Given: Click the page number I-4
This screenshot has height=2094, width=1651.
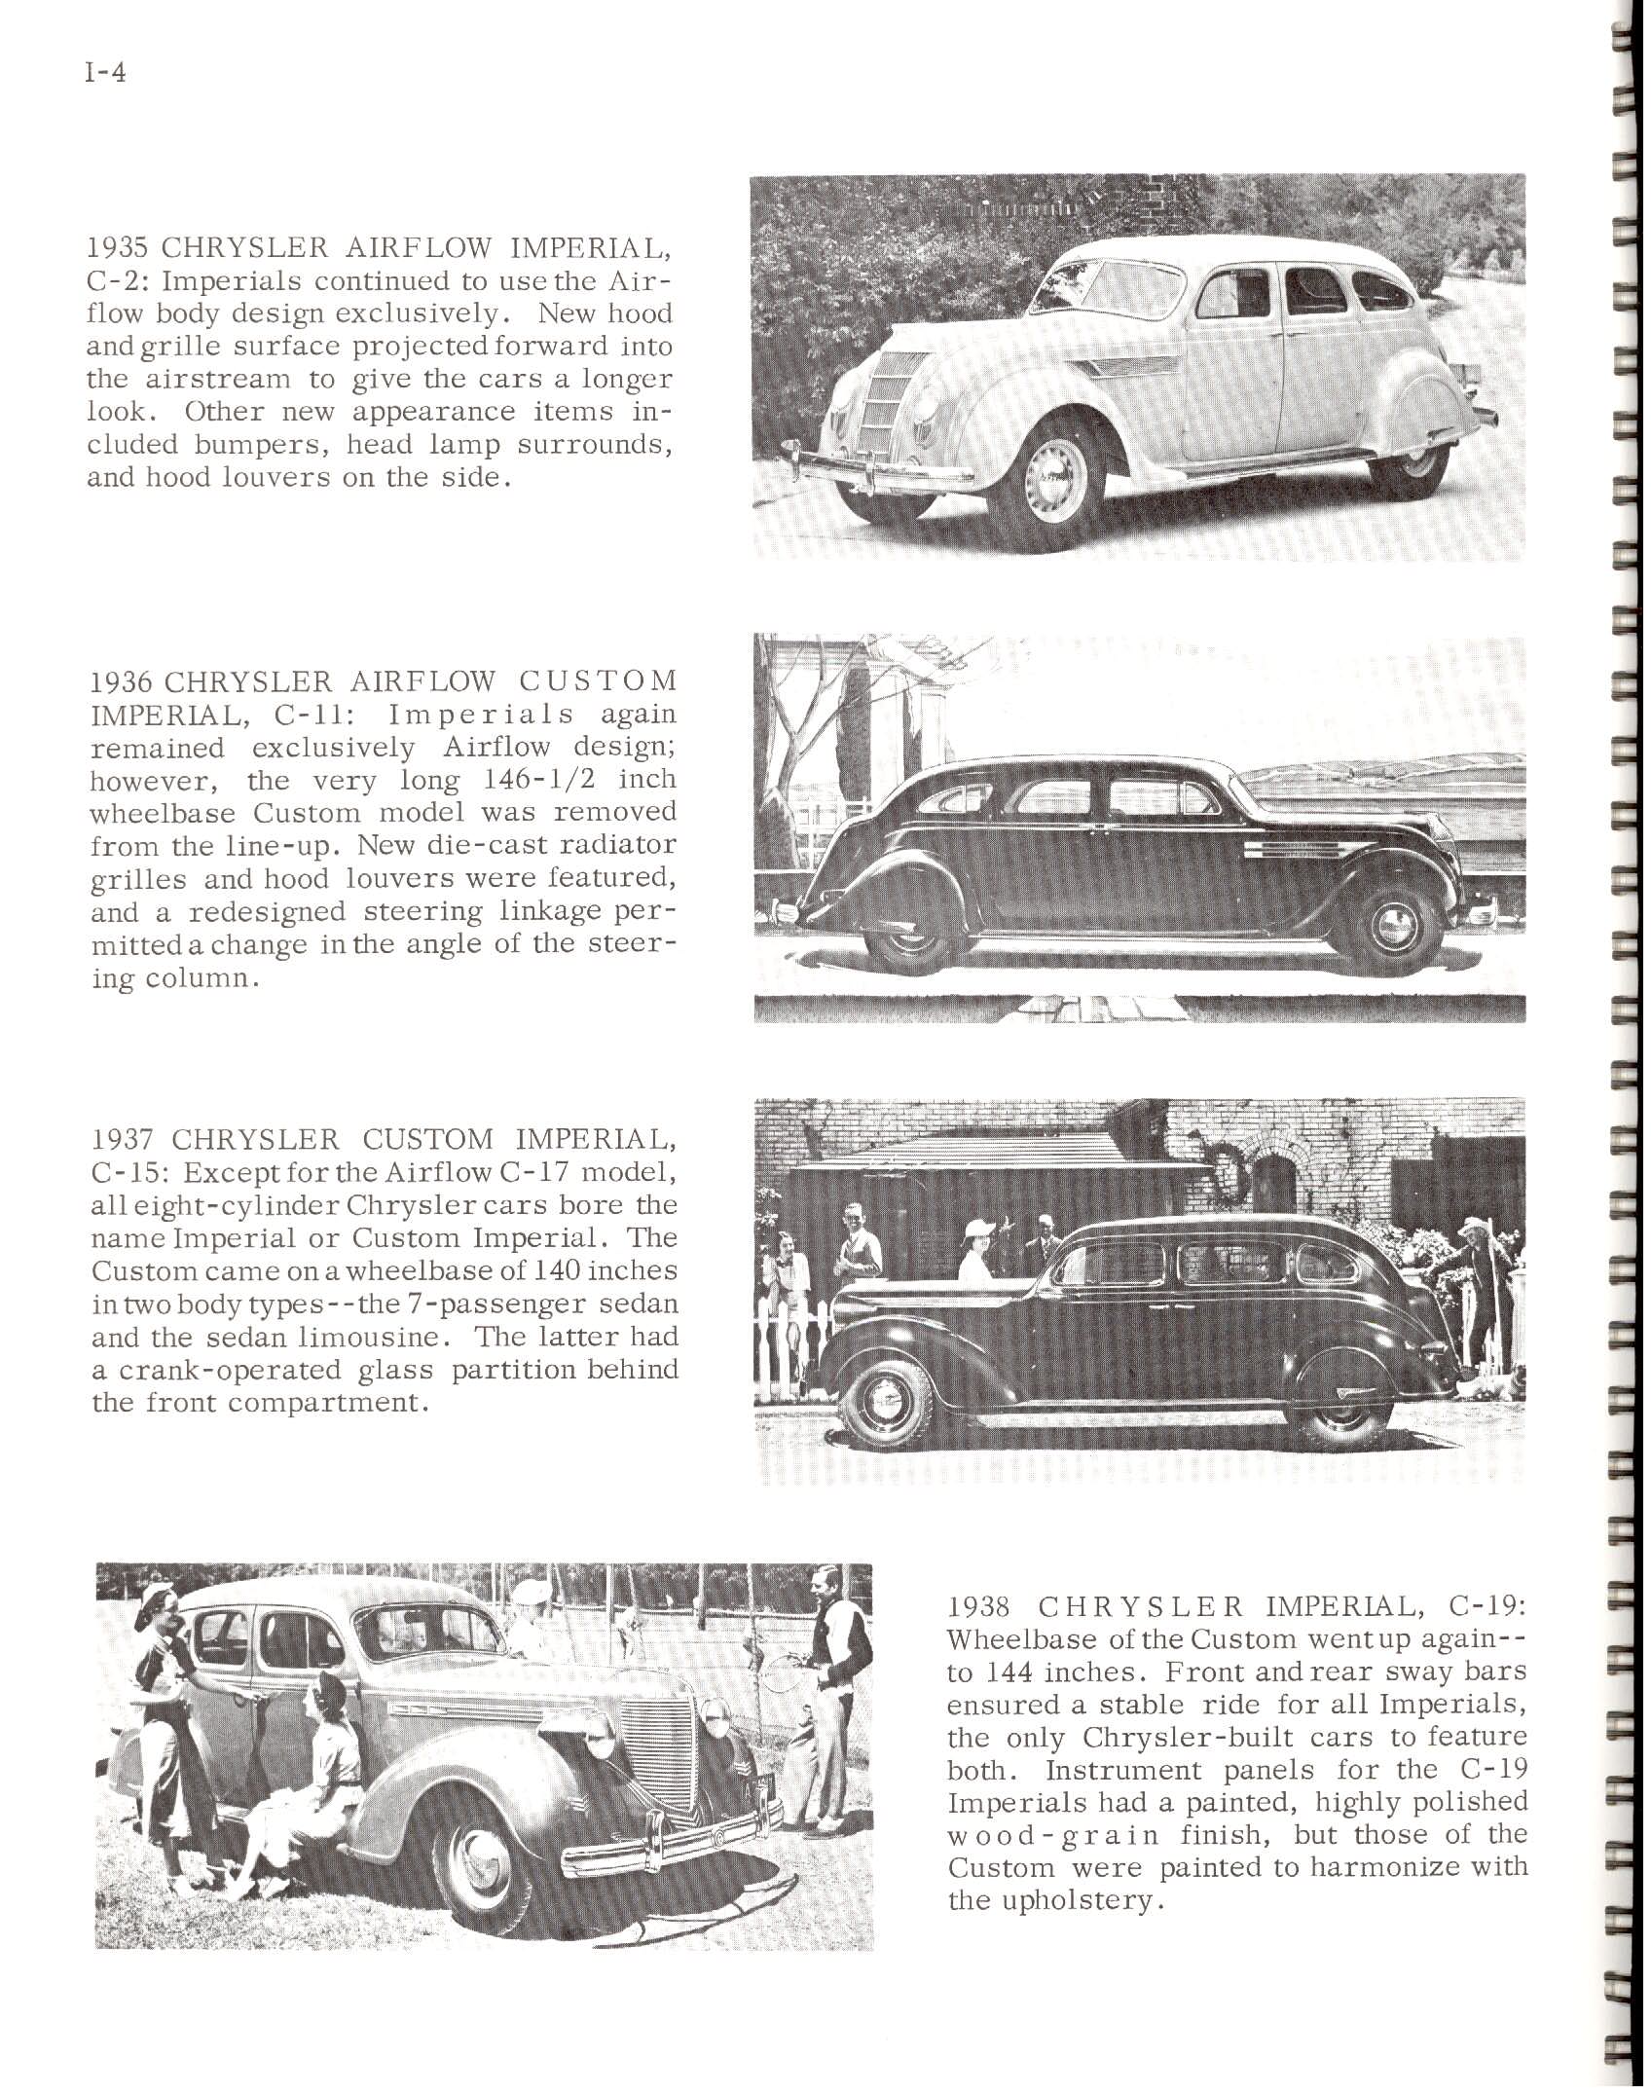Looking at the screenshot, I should click(106, 74).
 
